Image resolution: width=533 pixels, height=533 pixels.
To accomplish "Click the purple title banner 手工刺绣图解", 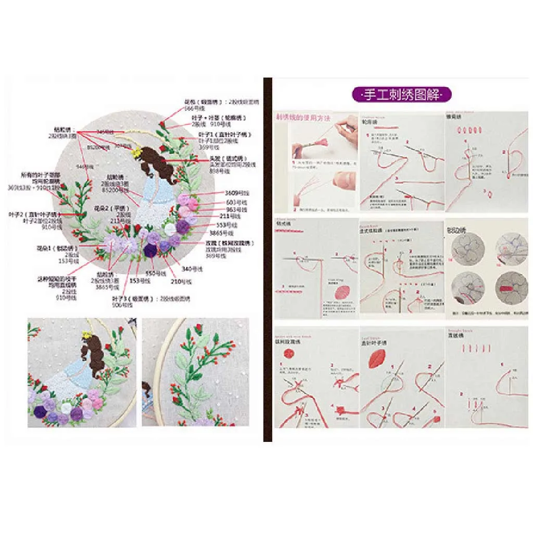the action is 400,95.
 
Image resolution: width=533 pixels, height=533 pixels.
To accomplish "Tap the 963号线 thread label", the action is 233,209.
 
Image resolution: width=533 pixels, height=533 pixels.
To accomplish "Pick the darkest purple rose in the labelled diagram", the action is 150,250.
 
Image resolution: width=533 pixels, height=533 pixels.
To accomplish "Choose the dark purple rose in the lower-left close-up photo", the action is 41,411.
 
